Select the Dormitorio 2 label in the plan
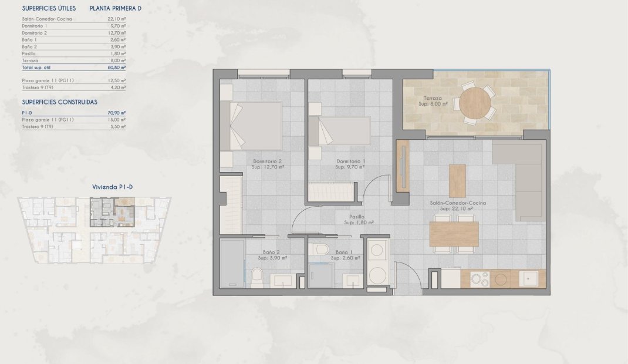[x=268, y=164]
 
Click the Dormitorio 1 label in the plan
[x=350, y=164]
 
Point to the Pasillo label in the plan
[x=358, y=220]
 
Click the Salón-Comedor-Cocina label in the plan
[x=458, y=205]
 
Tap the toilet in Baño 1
[x=321, y=250]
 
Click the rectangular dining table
[x=454, y=234]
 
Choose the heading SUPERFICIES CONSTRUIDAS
[x=59, y=102]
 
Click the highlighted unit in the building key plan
[x=112, y=212]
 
